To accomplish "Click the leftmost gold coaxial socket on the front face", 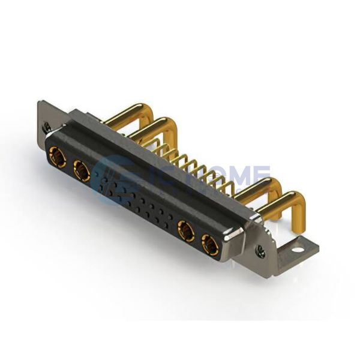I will [58, 157].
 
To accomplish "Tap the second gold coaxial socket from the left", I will [82, 171].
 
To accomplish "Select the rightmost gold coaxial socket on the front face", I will [210, 244].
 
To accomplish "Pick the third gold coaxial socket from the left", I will [186, 231].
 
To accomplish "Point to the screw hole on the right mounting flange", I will [260, 252].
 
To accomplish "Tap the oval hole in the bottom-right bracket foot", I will [298, 247].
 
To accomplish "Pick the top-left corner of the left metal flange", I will [41, 103].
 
